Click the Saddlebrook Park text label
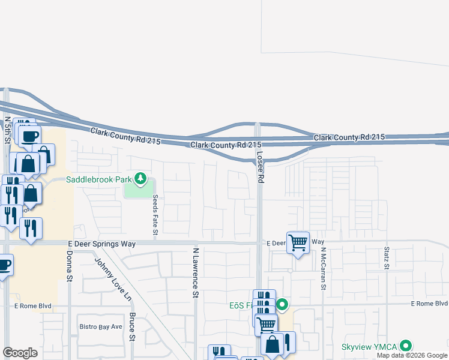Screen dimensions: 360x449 [x=98, y=179]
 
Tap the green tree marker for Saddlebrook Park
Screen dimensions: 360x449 [x=140, y=178]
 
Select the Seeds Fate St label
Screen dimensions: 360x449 [x=155, y=214]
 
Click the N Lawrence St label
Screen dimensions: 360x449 [x=195, y=272]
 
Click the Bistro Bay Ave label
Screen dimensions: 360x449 [x=101, y=327]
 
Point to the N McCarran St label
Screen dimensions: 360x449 [x=322, y=268]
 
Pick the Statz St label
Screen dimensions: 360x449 [x=386, y=257]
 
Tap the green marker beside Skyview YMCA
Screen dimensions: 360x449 [x=406, y=346]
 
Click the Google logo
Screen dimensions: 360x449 [x=20, y=353]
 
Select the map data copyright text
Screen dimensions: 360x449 [x=412, y=355]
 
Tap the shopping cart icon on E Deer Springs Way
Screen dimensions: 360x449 [x=298, y=242]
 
